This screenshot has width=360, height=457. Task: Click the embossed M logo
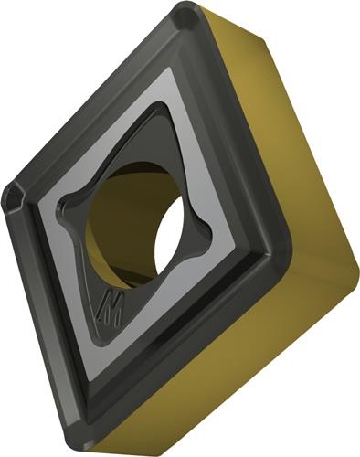(111, 308)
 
